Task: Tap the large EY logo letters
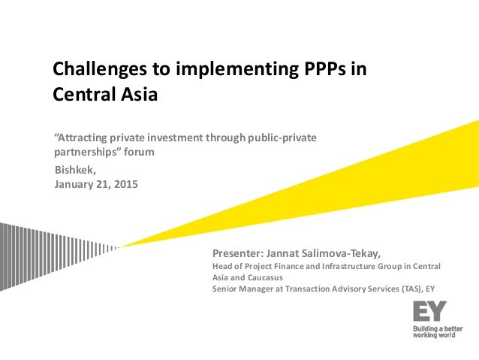click(x=429, y=310)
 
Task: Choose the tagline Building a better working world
click(x=437, y=331)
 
